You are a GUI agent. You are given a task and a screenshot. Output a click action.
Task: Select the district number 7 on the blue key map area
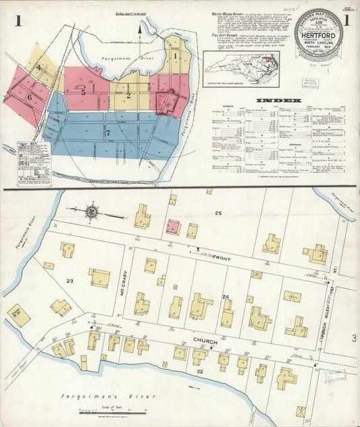point(107,133)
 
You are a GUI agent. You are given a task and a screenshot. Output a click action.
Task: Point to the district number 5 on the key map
point(83,92)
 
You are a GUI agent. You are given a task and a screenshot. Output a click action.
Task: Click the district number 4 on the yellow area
point(39,67)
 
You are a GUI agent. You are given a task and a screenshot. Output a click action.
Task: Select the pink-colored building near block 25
point(173,227)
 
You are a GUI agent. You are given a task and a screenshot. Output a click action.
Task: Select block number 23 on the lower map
point(70,280)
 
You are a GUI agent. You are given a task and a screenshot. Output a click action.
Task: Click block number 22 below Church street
point(199,371)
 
